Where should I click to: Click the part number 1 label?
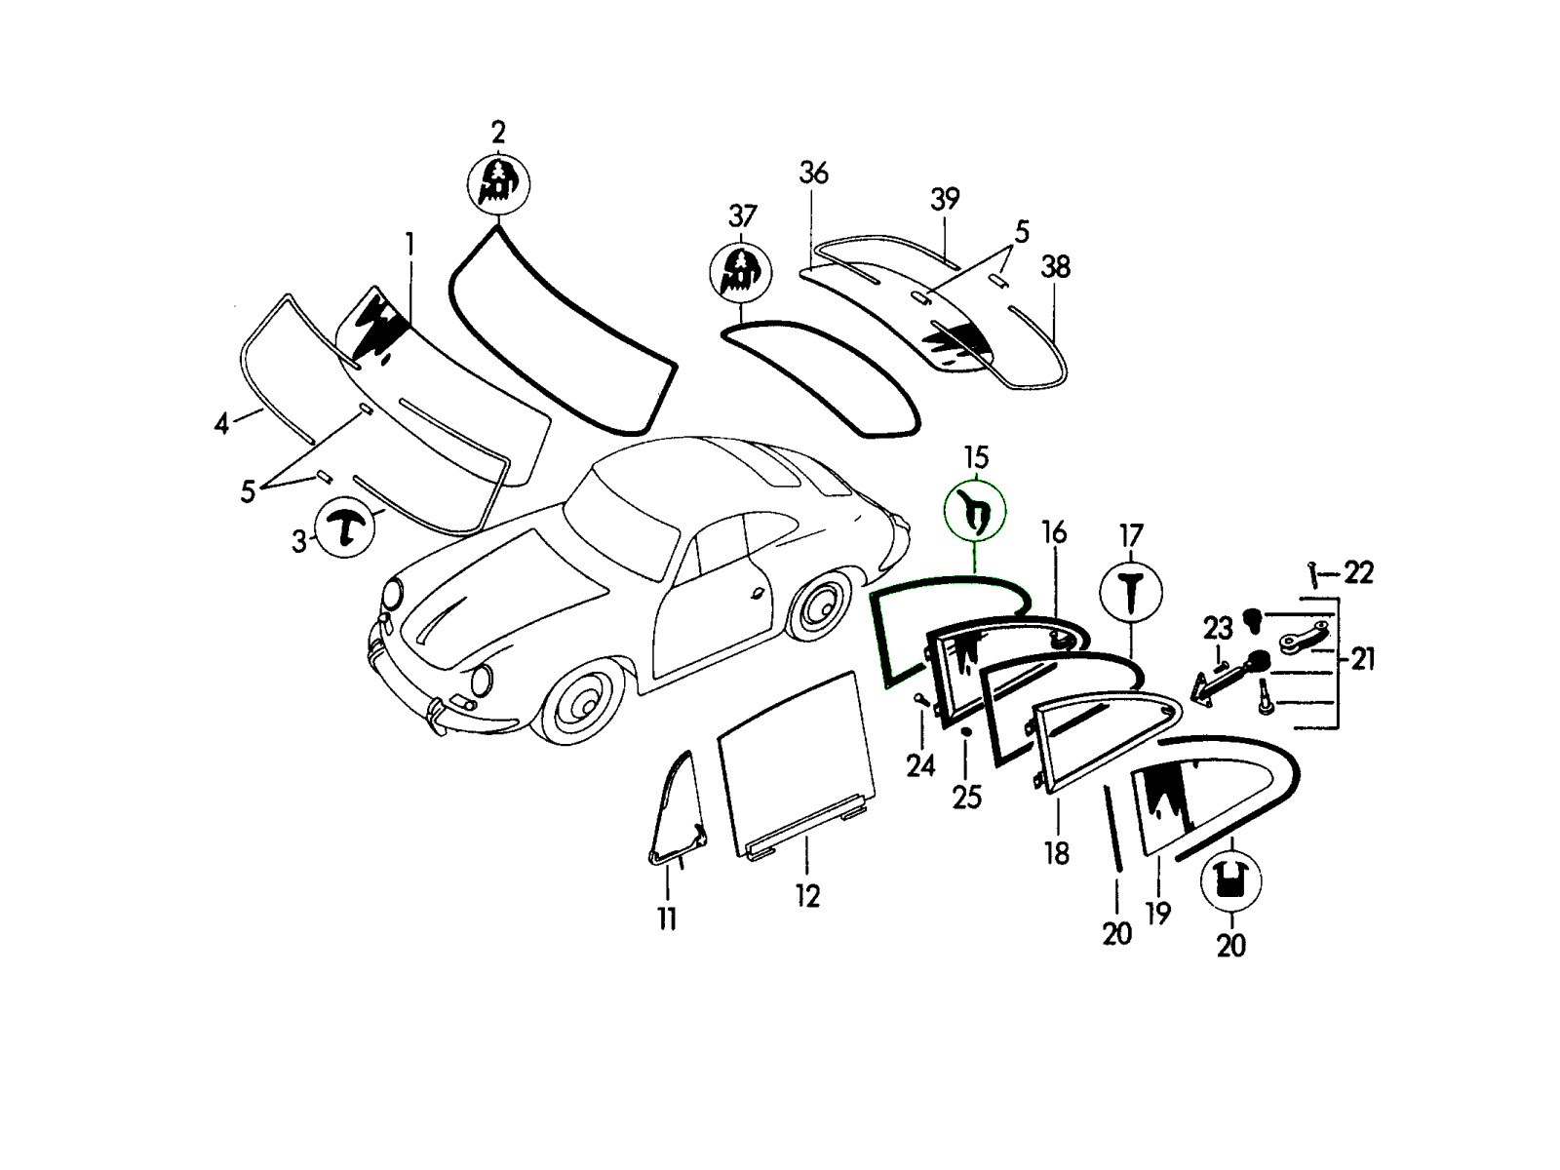(x=409, y=244)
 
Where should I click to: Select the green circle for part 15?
(x=975, y=512)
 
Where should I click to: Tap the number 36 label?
(x=813, y=174)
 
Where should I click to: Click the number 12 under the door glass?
(x=807, y=896)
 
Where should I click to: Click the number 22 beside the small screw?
(x=1358, y=572)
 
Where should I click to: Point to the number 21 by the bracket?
(x=1362, y=660)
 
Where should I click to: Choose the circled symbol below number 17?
(x=1131, y=591)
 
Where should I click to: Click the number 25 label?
(x=966, y=798)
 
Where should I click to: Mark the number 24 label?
(x=920, y=766)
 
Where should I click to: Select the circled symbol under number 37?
(x=741, y=272)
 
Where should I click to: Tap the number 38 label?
(x=1056, y=266)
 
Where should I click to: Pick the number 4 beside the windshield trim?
(x=222, y=424)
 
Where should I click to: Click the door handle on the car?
(x=757, y=593)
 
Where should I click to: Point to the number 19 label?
(x=1158, y=914)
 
